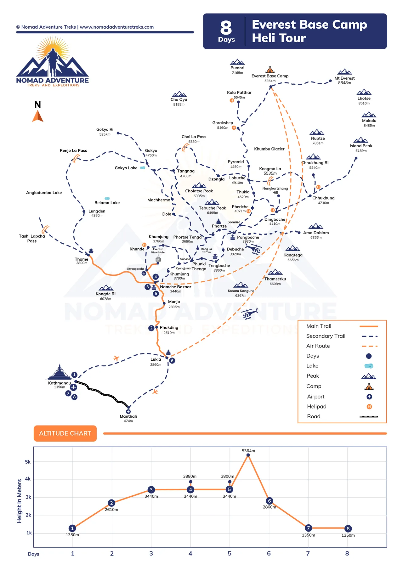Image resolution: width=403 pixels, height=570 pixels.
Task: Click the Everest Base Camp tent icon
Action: coord(270,70)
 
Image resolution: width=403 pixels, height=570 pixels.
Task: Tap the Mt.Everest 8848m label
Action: coord(344,81)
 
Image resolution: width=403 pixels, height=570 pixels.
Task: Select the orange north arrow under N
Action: coord(37,116)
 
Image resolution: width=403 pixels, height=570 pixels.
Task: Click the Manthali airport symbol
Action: coord(128,411)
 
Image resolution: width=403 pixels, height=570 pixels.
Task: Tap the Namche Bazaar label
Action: coord(175,287)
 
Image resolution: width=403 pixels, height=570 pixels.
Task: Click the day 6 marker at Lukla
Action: coord(172,361)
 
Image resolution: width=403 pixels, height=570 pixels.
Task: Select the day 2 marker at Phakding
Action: coord(151,328)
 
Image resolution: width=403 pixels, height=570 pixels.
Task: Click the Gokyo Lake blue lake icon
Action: coord(143,168)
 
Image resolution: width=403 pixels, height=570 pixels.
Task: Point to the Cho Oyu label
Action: coord(179,100)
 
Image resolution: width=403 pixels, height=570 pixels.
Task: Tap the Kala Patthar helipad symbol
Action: coord(232,100)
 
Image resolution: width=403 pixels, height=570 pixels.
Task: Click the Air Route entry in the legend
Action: coord(318,346)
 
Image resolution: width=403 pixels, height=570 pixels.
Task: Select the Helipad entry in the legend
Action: coord(317,407)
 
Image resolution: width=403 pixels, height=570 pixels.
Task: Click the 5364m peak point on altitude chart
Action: coord(248,455)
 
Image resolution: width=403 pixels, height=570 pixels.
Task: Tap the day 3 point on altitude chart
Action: coord(151,489)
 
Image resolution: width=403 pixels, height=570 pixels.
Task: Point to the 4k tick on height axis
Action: coord(28,479)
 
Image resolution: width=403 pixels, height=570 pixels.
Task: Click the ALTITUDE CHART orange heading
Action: coord(65,433)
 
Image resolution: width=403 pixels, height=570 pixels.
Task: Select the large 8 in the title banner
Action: coord(226,28)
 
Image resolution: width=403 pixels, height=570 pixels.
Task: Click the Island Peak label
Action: coord(361,146)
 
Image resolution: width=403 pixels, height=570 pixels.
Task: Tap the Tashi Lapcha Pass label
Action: coord(32,239)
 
